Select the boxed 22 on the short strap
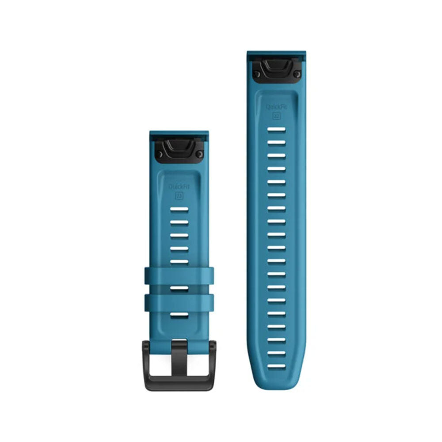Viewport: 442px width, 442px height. click(179, 195)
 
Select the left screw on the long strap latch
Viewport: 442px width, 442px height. click(256, 74)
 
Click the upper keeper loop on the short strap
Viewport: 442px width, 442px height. click(179, 276)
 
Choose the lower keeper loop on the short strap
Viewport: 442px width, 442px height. click(179, 302)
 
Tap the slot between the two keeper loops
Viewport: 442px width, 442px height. click(179, 289)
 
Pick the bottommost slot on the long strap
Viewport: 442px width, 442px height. click(276, 353)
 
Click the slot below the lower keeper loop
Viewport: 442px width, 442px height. click(179, 315)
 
